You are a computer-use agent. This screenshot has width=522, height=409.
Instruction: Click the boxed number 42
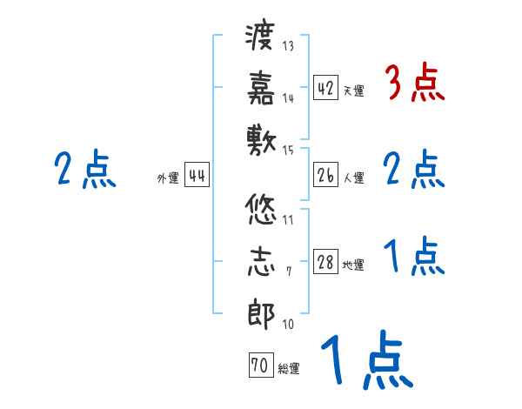pos(325,87)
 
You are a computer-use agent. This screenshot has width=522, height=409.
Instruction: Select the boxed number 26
pos(325,175)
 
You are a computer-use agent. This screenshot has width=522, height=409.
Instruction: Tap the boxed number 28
pos(325,262)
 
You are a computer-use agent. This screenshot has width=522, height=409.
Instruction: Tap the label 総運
pos(289,369)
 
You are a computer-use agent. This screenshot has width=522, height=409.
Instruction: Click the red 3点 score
pos(414,84)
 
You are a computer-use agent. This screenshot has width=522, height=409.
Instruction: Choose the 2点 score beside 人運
pos(414,170)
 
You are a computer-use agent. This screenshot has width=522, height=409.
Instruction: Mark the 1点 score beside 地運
pos(414,257)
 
